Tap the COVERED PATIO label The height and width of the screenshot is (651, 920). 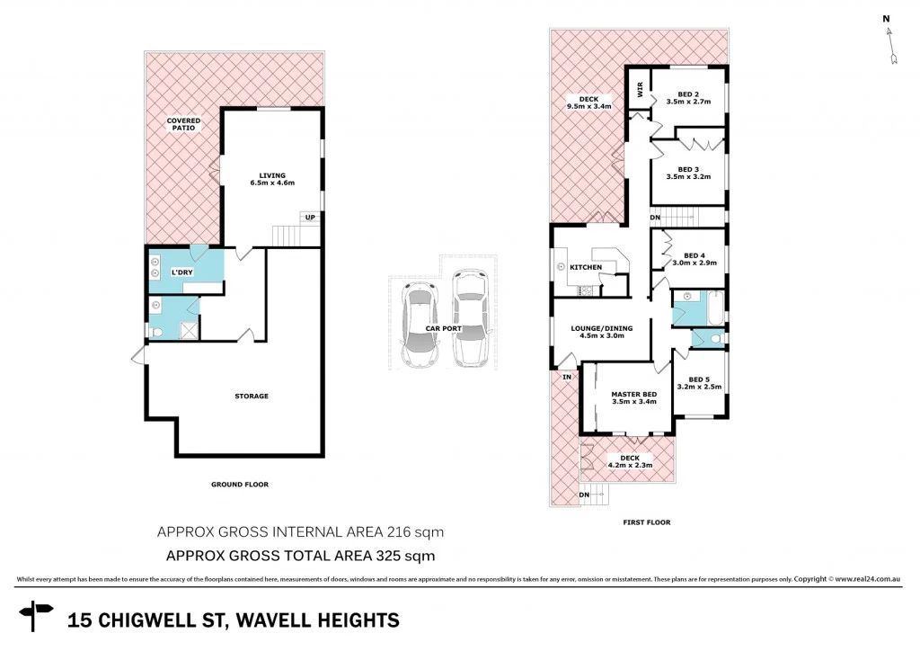pyautogui.click(x=183, y=124)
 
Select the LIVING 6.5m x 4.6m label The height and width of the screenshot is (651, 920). pyautogui.click(x=272, y=179)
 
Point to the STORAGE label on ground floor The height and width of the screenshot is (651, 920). pyautogui.click(x=252, y=396)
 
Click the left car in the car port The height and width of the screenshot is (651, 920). pyautogui.click(x=420, y=325)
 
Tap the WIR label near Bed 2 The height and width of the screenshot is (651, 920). pyautogui.click(x=639, y=89)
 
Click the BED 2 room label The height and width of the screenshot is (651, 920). pyautogui.click(x=688, y=98)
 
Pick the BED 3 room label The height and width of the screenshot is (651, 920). pyautogui.click(x=688, y=173)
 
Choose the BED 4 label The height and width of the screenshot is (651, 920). pyautogui.click(x=694, y=257)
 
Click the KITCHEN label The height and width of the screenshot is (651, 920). pyautogui.click(x=586, y=267)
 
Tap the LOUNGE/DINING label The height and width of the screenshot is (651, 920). pyautogui.click(x=602, y=332)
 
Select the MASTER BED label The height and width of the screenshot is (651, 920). pyautogui.click(x=633, y=397)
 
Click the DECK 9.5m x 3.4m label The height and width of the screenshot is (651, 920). pyautogui.click(x=588, y=102)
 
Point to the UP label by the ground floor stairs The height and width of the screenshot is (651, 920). pyautogui.click(x=310, y=217)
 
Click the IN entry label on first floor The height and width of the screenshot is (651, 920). pyautogui.click(x=567, y=377)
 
